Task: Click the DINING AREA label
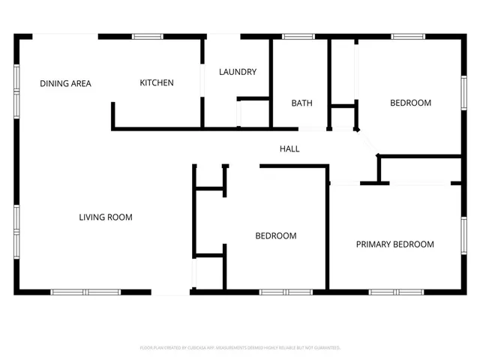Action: click(65, 83)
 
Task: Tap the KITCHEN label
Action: click(157, 82)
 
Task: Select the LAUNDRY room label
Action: click(238, 72)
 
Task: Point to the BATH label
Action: click(301, 103)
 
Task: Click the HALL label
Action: click(289, 148)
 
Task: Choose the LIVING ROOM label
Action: click(106, 217)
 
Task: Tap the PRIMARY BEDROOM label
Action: click(394, 244)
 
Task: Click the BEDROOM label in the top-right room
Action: click(410, 103)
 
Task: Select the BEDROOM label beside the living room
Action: click(276, 235)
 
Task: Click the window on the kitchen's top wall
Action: click(148, 36)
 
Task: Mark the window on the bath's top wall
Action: click(298, 36)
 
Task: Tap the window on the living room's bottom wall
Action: click(85, 292)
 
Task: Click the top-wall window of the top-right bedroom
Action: click(408, 36)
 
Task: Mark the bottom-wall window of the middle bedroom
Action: click(285, 292)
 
